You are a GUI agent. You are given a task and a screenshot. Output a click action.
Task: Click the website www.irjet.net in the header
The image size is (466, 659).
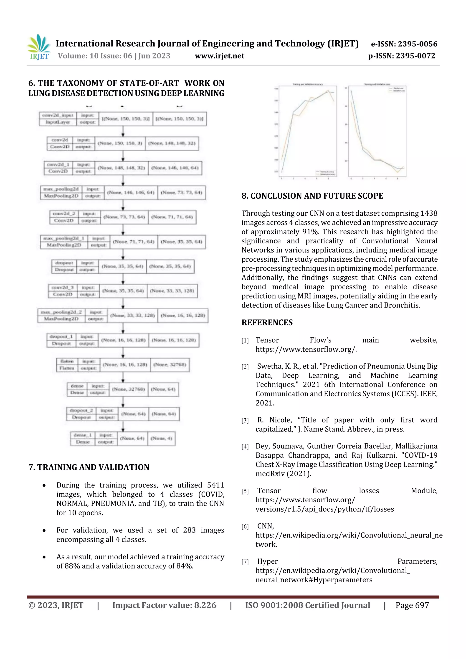[x=219, y=56]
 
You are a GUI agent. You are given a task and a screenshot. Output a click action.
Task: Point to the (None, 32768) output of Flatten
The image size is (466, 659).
[x=170, y=365]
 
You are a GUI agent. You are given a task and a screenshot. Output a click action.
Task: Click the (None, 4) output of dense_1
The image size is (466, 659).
[x=161, y=438]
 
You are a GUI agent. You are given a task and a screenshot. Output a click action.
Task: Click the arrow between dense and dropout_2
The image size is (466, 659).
[x=123, y=401]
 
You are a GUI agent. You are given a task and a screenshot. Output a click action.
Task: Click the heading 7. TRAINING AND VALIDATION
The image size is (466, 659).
[x=89, y=467]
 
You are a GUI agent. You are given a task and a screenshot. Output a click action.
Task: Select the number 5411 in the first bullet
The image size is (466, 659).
[x=215, y=485]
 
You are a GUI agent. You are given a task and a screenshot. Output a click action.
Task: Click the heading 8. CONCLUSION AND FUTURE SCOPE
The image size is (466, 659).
[x=312, y=196]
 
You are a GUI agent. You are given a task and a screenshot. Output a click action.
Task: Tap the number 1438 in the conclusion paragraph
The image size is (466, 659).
[x=429, y=213]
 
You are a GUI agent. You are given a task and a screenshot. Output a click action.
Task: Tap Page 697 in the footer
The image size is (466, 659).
[x=412, y=605]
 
